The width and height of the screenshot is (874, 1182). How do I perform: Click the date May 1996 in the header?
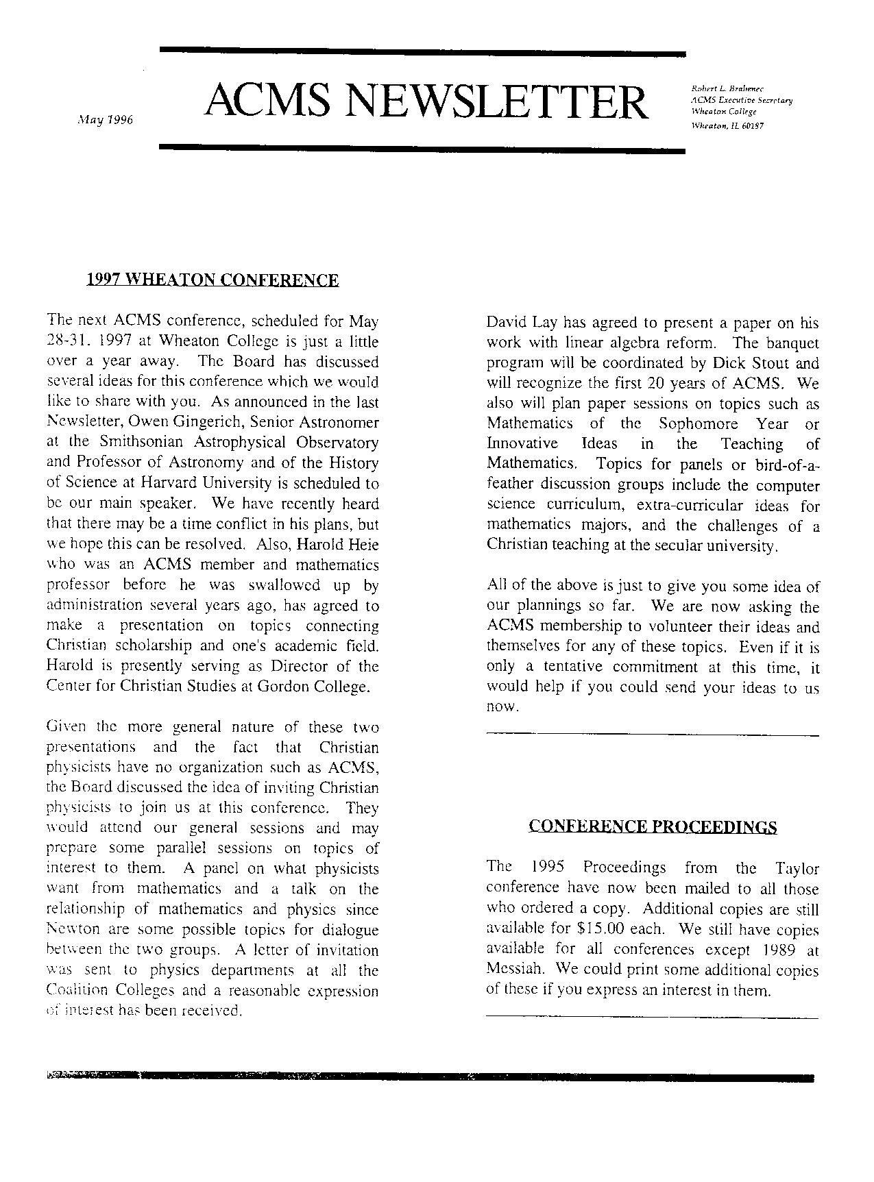(x=105, y=120)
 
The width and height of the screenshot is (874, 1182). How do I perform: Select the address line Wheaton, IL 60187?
(x=727, y=126)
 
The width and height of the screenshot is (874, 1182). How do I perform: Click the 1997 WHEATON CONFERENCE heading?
(x=213, y=280)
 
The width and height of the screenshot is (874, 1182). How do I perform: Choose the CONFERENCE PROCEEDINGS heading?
(x=653, y=827)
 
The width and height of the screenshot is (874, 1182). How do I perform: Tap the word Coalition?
(x=77, y=991)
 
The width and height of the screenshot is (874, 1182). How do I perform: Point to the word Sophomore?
(x=699, y=424)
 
